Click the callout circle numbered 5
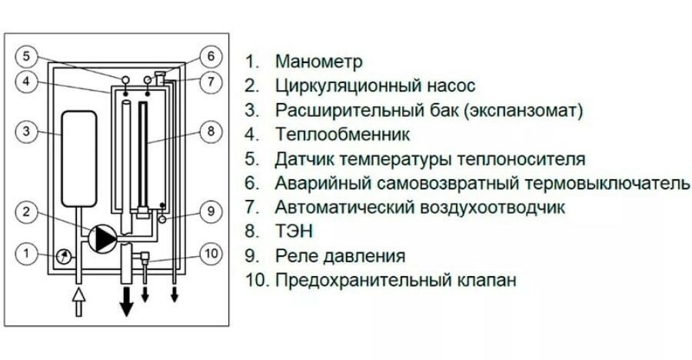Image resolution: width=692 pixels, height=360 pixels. click(26, 56)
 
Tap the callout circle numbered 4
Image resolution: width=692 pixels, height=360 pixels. click(26, 82)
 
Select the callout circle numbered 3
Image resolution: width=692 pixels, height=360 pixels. click(26, 132)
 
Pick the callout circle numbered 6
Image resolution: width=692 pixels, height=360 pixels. click(210, 56)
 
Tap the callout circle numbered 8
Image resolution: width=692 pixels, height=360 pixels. click(210, 132)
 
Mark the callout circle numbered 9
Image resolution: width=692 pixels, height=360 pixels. click(210, 209)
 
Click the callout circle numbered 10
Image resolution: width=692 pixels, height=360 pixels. click(210, 252)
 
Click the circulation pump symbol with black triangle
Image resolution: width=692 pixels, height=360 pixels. click(101, 239)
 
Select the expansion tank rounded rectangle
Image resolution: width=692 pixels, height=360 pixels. click(79, 158)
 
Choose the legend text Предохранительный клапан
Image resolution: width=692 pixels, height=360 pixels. click(395, 279)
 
